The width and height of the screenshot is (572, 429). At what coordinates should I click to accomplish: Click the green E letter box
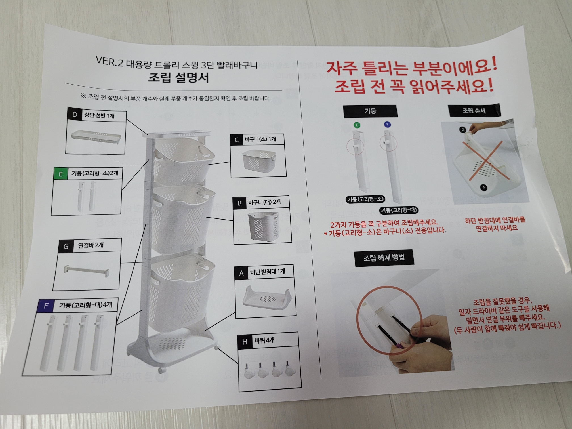click(60, 173)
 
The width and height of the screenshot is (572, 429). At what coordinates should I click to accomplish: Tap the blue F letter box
click(46, 306)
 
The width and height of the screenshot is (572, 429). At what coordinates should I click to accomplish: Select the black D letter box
click(75, 114)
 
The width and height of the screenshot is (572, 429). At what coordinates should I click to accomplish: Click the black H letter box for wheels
click(245, 342)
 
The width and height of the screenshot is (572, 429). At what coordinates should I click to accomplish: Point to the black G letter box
click(66, 246)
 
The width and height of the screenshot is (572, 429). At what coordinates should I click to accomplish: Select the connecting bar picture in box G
click(87, 271)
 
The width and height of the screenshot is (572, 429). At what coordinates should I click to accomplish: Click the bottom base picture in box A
click(267, 298)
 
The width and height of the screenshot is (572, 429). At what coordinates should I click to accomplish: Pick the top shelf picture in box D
click(96, 137)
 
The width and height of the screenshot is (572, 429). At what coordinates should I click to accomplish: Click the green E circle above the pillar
click(357, 125)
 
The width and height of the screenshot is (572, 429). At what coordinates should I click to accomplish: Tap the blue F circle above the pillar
click(387, 124)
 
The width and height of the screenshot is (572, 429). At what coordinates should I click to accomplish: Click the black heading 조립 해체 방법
click(384, 258)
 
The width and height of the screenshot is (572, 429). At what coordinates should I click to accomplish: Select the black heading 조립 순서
click(474, 111)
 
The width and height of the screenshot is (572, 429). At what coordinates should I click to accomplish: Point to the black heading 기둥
click(370, 111)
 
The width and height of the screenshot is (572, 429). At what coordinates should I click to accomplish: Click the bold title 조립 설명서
click(179, 77)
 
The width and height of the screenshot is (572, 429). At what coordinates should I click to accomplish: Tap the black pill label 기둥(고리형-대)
click(399, 210)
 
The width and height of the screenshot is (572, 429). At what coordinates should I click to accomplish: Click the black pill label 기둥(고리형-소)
click(365, 199)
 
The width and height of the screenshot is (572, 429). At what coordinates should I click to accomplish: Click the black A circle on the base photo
click(484, 188)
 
